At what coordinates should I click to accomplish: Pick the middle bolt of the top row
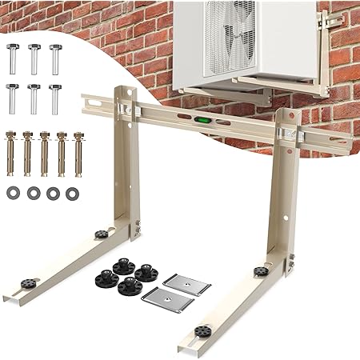pyautogui.click(x=34, y=58)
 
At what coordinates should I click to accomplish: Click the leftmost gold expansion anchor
pyautogui.click(x=12, y=152)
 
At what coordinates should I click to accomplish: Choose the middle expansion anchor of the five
pyautogui.click(x=45, y=152)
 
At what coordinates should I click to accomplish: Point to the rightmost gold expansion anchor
pyautogui.click(x=78, y=152)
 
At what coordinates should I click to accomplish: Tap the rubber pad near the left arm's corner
pyautogui.click(x=102, y=235)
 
